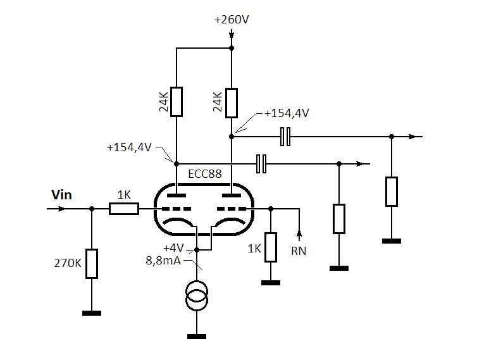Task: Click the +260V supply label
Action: (x=232, y=20)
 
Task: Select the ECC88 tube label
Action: (x=205, y=173)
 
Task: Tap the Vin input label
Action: (x=61, y=195)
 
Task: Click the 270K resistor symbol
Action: (x=92, y=264)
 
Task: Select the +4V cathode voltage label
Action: (x=175, y=247)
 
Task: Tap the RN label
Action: (x=299, y=251)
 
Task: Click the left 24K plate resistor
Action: (x=177, y=102)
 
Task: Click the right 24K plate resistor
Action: (x=232, y=102)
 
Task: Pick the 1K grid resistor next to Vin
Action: (x=123, y=208)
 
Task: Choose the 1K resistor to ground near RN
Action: (x=271, y=247)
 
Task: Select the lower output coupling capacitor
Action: (x=261, y=164)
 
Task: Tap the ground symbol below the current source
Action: (x=197, y=336)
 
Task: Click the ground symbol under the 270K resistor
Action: (x=92, y=313)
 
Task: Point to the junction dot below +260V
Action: (x=232, y=48)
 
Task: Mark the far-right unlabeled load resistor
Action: (x=392, y=192)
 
